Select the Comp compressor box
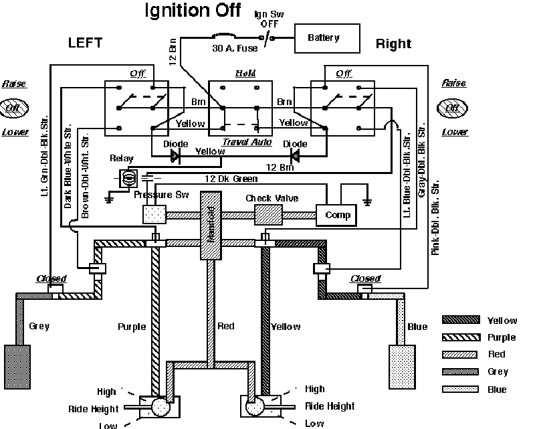click(337, 216)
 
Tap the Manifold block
click(211, 226)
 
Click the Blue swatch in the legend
click(461, 390)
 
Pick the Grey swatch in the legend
click(461, 371)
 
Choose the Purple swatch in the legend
click(461, 337)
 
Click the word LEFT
click(86, 43)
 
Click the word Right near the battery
click(393, 44)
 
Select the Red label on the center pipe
click(226, 327)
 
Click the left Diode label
click(176, 145)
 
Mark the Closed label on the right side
click(364, 278)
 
